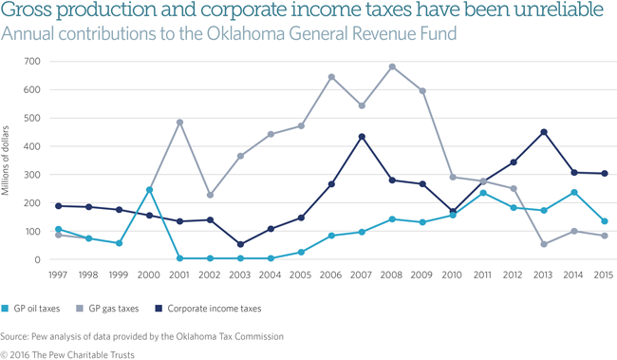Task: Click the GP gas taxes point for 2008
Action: pos(392,66)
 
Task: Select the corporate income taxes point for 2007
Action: pos(362,137)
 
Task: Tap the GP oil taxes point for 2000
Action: pos(149,190)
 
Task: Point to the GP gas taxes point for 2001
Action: pos(179,123)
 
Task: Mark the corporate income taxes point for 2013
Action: pos(544,132)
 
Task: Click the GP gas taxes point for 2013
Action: pos(544,244)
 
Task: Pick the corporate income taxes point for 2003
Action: pos(240,244)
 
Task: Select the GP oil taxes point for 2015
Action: pos(605,221)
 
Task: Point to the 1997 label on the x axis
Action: pos(58,275)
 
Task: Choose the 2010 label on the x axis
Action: pos(453,275)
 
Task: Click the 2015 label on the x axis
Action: pos(604,275)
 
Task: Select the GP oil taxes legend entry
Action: pos(37,308)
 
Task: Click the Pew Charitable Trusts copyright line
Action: pos(67,353)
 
